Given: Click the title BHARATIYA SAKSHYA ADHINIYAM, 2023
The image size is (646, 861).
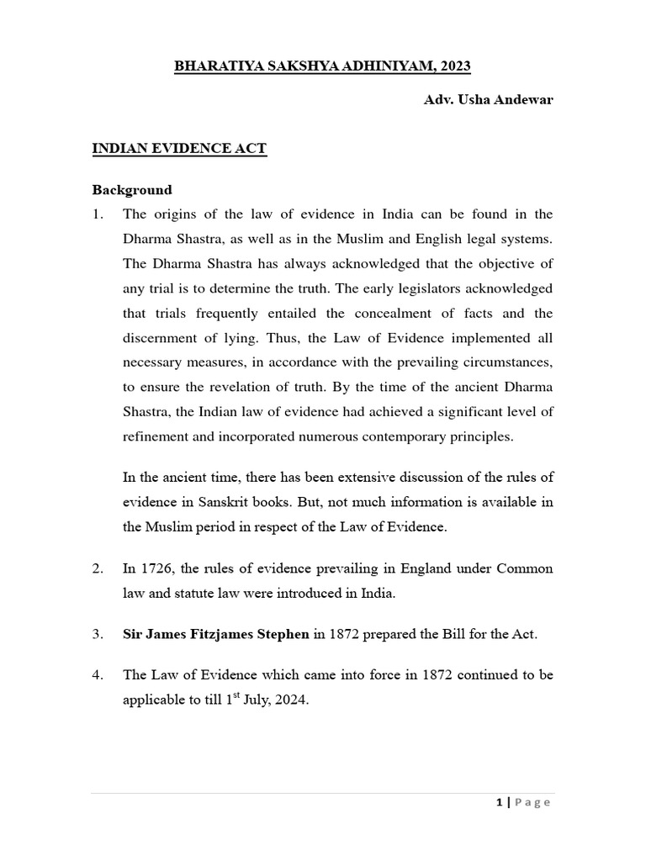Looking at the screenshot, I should coord(323,67).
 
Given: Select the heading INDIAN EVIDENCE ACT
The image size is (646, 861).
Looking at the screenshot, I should coord(179,149).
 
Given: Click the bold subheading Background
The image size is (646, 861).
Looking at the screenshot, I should coord(131,189).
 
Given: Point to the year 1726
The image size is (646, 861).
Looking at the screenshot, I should coord(156,569).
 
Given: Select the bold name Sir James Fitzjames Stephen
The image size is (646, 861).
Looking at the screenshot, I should coord(215,634).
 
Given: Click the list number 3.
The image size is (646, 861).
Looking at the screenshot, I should coord(97,634).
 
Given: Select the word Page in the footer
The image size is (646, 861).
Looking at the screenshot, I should coord(532,802).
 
